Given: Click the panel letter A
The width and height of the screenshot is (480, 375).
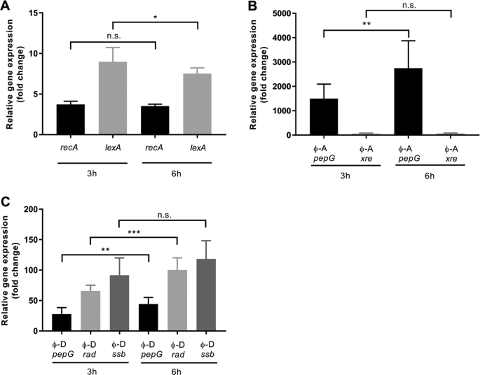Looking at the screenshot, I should pos(6,6).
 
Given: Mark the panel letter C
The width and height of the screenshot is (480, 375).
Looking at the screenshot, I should pos(6,201).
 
